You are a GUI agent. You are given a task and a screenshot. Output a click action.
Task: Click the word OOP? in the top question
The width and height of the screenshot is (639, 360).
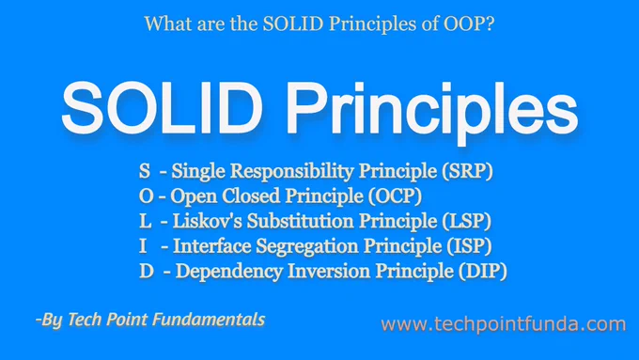coord(469,23)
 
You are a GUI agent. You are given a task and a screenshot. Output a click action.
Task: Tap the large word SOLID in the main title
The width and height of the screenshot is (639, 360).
coord(163,108)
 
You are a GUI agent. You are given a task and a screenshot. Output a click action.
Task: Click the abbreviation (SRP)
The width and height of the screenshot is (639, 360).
coord(468,171)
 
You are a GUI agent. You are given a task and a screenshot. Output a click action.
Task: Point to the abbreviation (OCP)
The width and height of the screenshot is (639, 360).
coord(395,196)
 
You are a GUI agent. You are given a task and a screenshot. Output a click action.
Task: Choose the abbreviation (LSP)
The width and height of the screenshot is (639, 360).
coord(467,222)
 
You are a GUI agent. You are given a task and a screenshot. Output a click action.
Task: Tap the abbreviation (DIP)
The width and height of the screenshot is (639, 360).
coord(482,272)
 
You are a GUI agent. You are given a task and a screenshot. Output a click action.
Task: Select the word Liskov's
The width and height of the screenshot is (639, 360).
coord(208,222)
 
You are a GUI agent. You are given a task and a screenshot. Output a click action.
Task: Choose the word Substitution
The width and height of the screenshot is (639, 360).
coord(301,222)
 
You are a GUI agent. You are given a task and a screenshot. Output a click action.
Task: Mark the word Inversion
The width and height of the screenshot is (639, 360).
coord(329,272)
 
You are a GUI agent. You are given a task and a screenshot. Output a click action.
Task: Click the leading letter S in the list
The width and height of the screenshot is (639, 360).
coord(145,171)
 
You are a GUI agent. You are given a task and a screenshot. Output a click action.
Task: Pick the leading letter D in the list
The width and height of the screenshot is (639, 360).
coord(147,272)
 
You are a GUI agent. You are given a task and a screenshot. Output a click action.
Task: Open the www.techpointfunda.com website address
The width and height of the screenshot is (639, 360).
coord(504,325)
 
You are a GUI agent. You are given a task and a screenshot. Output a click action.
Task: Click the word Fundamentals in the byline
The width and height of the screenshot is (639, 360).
coord(209,320)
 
